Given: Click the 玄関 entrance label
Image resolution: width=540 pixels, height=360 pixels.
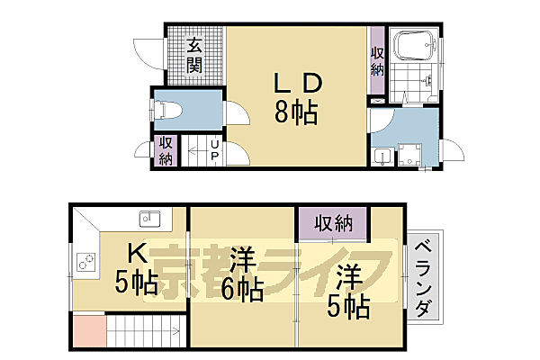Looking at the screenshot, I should tap(194, 55).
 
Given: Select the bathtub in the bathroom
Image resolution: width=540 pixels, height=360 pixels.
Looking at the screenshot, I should tap(415, 46).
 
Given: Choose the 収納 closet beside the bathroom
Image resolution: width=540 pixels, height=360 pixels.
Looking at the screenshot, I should tap(377, 60).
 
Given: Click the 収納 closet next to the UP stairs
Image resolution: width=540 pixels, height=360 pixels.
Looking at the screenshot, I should tap(166, 151).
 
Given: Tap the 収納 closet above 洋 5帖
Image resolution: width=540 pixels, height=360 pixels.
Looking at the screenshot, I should tap(333, 222).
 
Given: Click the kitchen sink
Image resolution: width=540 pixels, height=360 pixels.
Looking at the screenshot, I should tap(149, 218).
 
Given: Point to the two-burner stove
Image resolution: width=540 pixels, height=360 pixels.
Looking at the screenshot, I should tap(85, 262).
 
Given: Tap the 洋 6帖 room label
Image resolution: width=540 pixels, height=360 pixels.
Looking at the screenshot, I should tap(238, 274).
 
